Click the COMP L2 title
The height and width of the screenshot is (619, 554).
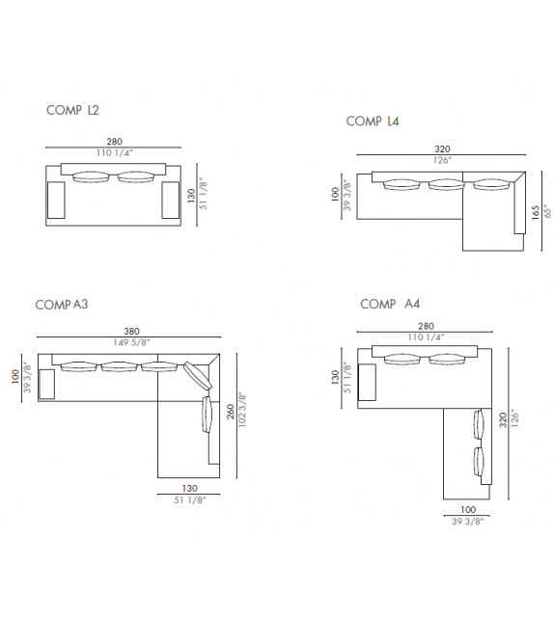tap(72, 110)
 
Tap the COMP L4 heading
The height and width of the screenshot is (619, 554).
tap(373, 121)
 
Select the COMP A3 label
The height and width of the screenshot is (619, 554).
tap(62, 305)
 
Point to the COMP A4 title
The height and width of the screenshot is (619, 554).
tap(390, 304)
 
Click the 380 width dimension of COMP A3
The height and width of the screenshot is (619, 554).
tap(131, 332)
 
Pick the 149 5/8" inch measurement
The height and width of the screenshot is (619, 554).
tap(131, 342)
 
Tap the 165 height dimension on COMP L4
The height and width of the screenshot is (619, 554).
tap(536, 212)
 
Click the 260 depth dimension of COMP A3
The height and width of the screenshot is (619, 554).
tap(231, 412)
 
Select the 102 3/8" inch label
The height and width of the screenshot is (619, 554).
tap(242, 410)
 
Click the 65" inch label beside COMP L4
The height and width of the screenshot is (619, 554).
tap(547, 211)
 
